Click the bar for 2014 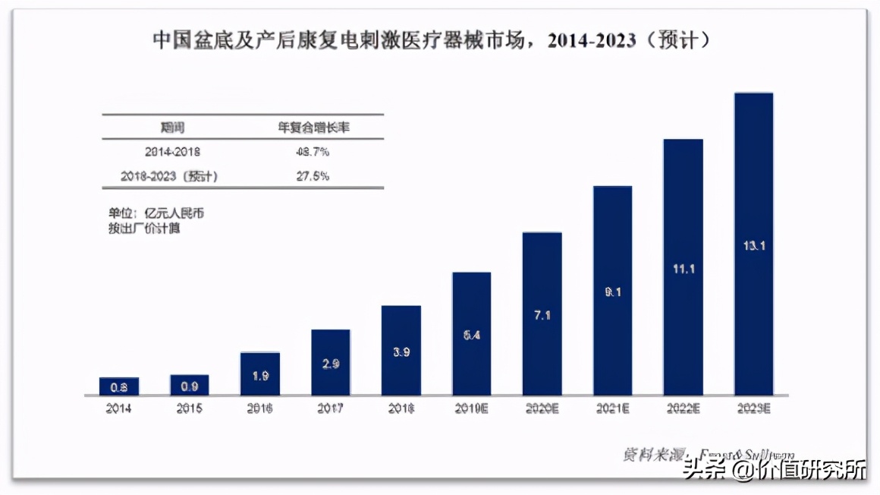tap(118, 386)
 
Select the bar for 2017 tap(331, 362)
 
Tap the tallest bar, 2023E tap(753, 244)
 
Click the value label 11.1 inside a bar tap(683, 269)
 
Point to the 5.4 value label tap(471, 333)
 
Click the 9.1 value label tap(612, 292)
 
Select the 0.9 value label tap(189, 386)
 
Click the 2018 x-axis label tap(401, 408)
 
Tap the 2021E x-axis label tap(612, 408)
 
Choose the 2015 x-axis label tap(189, 408)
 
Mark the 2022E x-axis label tap(683, 408)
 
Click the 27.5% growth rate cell tap(313, 176)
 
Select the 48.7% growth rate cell tap(313, 152)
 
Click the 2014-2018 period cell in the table tap(172, 152)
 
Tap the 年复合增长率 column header tap(313, 128)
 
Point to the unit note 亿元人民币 tap(156, 213)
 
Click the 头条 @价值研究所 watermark tap(774, 470)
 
